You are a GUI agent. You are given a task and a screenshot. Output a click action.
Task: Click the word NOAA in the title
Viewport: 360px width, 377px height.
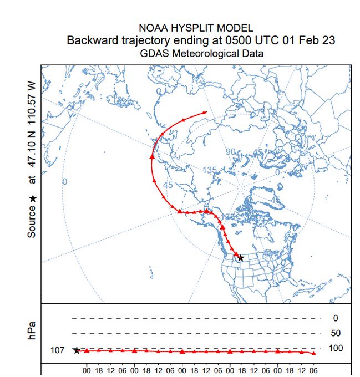[x=153, y=28]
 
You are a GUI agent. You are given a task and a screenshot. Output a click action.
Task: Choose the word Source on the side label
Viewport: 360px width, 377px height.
[x=32, y=222]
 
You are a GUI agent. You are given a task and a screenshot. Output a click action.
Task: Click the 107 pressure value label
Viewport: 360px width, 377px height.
[x=58, y=350]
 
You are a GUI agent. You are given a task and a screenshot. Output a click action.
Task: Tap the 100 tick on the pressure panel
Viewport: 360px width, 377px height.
[x=336, y=348]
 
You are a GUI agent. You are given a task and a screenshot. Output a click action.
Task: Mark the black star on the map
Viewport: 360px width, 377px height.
[x=240, y=258]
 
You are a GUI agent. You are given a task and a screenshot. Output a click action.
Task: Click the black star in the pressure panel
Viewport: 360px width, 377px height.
[x=77, y=350]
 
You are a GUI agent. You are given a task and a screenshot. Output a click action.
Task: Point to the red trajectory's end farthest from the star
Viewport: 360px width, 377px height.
[x=206, y=113]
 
